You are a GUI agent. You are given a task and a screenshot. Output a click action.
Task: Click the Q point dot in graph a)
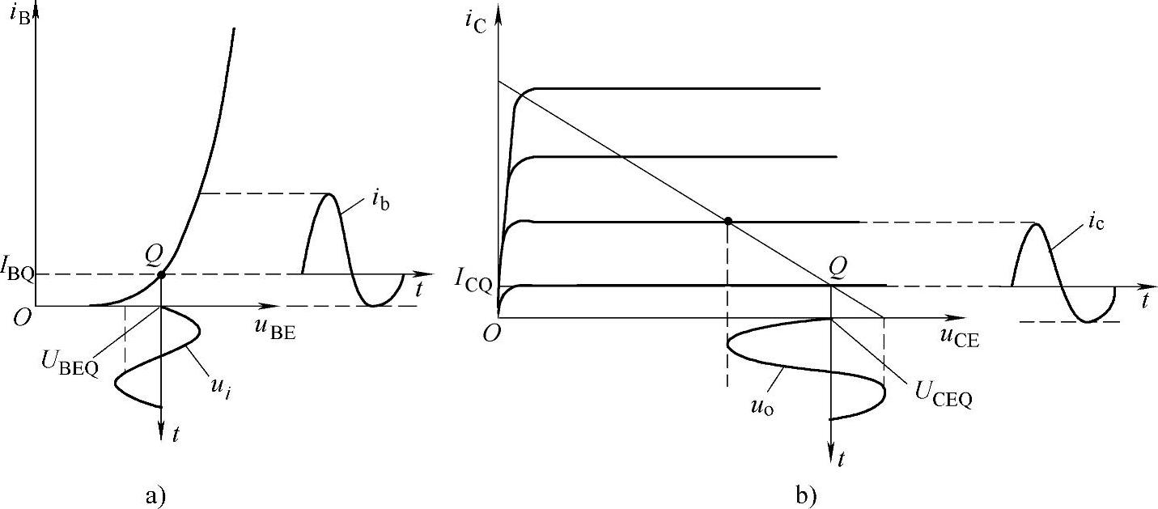161,275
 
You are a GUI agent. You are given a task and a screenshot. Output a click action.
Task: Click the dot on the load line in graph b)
728,221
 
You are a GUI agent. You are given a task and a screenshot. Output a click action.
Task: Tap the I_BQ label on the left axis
19,274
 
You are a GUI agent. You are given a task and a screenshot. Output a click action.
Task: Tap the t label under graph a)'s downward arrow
176,435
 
